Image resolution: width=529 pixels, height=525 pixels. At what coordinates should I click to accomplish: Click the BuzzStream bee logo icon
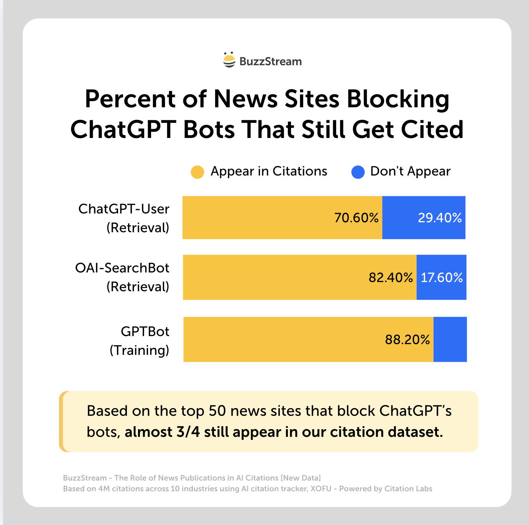click(229, 60)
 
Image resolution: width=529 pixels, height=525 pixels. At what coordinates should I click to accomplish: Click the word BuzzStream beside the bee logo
click(270, 61)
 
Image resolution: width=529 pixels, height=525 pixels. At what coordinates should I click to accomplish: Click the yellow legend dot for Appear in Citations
click(197, 172)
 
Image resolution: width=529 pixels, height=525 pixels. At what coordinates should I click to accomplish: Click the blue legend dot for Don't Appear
click(358, 172)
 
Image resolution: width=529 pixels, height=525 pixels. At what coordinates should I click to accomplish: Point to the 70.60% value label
click(356, 218)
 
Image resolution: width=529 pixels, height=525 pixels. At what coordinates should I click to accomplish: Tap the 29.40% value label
click(440, 218)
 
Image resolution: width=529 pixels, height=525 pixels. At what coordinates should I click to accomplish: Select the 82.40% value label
click(391, 277)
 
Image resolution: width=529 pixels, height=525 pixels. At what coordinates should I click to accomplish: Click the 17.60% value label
click(442, 277)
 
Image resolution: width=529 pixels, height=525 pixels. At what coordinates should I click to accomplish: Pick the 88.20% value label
click(407, 340)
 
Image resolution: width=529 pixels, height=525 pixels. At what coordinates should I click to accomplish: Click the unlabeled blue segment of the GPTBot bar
click(450, 340)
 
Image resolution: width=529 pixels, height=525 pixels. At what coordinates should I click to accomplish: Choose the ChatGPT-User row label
click(124, 209)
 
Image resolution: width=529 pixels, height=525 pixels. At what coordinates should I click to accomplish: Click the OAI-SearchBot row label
click(122, 268)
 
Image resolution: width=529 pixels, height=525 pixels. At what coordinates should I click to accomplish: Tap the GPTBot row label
click(145, 331)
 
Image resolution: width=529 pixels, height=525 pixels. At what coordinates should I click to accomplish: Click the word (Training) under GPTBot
click(140, 350)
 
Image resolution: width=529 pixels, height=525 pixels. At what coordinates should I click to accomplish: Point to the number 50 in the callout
click(217, 411)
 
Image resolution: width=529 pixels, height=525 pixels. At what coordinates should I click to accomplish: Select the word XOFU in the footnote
click(321, 489)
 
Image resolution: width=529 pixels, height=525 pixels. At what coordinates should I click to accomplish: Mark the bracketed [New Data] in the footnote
click(301, 478)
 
